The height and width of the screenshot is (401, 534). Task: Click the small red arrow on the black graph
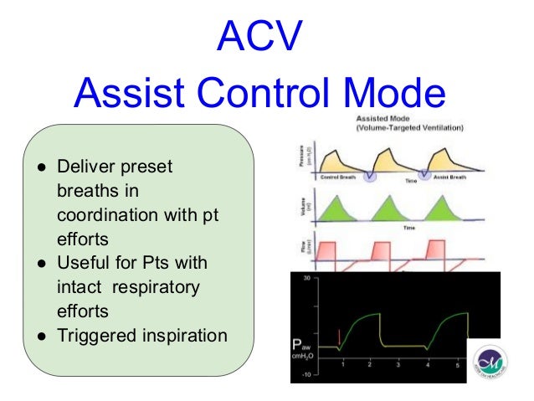point(338,336)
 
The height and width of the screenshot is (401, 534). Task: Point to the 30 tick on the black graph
point(307,278)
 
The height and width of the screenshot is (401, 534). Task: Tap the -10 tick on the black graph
point(307,374)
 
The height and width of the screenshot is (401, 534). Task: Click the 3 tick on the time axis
point(398,366)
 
